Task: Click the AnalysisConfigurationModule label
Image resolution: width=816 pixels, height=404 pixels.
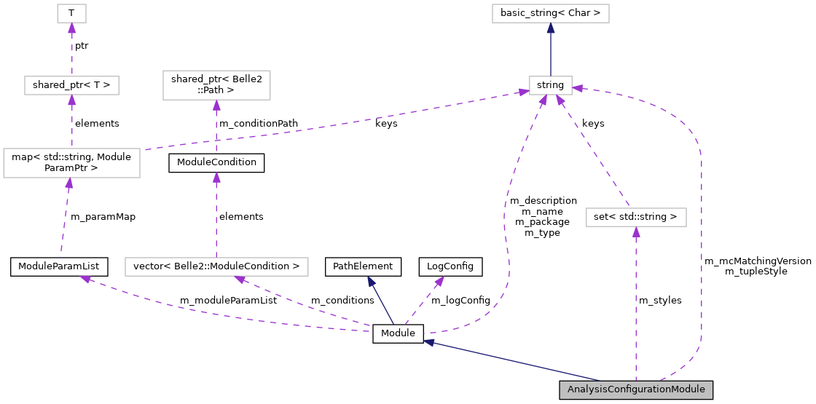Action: (636, 389)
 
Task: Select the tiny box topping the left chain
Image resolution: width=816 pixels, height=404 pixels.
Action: (71, 13)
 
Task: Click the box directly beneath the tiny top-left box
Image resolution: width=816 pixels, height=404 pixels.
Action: (71, 85)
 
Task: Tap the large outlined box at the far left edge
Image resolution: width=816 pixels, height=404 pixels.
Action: (71, 163)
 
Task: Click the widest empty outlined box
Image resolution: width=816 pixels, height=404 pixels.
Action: (216, 267)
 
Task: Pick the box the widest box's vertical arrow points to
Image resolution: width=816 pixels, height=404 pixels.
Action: (216, 85)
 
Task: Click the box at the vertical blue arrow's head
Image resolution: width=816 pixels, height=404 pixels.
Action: (550, 13)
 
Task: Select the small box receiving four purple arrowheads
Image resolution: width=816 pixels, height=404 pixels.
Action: (550, 85)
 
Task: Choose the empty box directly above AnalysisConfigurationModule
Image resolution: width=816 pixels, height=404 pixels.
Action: (636, 217)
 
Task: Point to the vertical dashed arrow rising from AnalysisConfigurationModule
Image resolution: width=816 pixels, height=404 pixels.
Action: (636, 306)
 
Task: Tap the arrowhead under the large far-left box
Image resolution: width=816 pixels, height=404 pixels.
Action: (68, 183)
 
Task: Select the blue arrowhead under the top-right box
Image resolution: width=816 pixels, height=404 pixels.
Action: (551, 28)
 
